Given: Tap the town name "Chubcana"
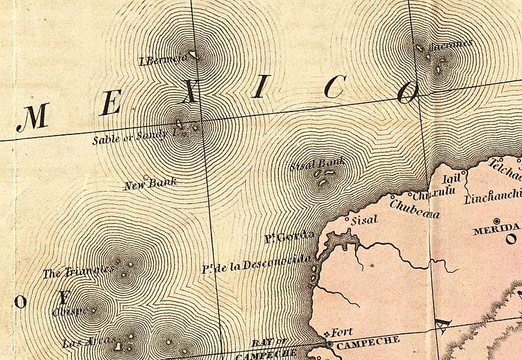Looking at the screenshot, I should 414,207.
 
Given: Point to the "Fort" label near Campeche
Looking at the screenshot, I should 342,331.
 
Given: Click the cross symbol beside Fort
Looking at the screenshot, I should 328,335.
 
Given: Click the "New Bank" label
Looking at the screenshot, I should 150,183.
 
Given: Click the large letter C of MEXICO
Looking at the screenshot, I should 333,87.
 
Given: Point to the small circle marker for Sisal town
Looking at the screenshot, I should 347,220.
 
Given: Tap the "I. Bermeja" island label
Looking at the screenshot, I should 163,60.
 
